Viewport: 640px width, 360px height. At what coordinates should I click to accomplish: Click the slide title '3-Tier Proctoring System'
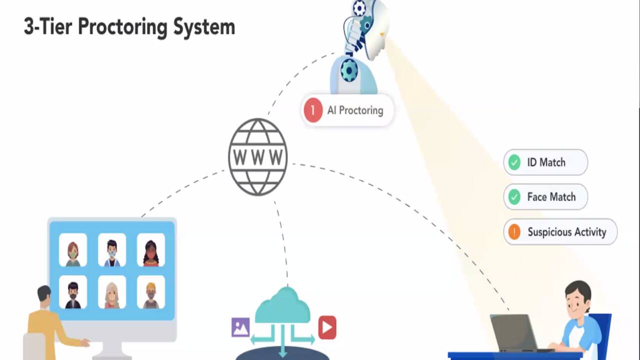point(129,26)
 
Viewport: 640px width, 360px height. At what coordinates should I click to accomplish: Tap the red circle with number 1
point(313,110)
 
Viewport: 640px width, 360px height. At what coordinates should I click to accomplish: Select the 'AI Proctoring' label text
point(355,110)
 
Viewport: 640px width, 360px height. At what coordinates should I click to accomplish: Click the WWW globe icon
point(258,156)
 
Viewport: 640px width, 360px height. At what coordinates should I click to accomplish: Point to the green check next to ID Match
point(514,162)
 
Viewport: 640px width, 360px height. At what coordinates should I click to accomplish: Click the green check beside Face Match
point(514,197)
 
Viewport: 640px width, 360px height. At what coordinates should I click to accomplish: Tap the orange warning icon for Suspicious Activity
point(514,232)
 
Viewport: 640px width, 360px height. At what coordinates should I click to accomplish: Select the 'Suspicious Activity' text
point(566,232)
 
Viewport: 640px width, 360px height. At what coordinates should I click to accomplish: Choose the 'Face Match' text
point(551,197)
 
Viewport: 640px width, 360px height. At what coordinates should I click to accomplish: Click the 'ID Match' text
point(546,162)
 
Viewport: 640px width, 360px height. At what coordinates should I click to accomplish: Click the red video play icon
point(327,327)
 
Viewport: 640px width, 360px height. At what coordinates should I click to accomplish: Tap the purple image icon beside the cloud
point(240,327)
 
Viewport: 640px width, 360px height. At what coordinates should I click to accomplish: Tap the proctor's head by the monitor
point(44,295)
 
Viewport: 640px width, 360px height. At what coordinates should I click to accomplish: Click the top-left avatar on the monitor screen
point(73,250)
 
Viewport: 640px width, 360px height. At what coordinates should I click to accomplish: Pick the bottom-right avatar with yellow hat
point(151,292)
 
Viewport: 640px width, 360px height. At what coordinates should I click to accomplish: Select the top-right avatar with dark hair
point(151,250)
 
